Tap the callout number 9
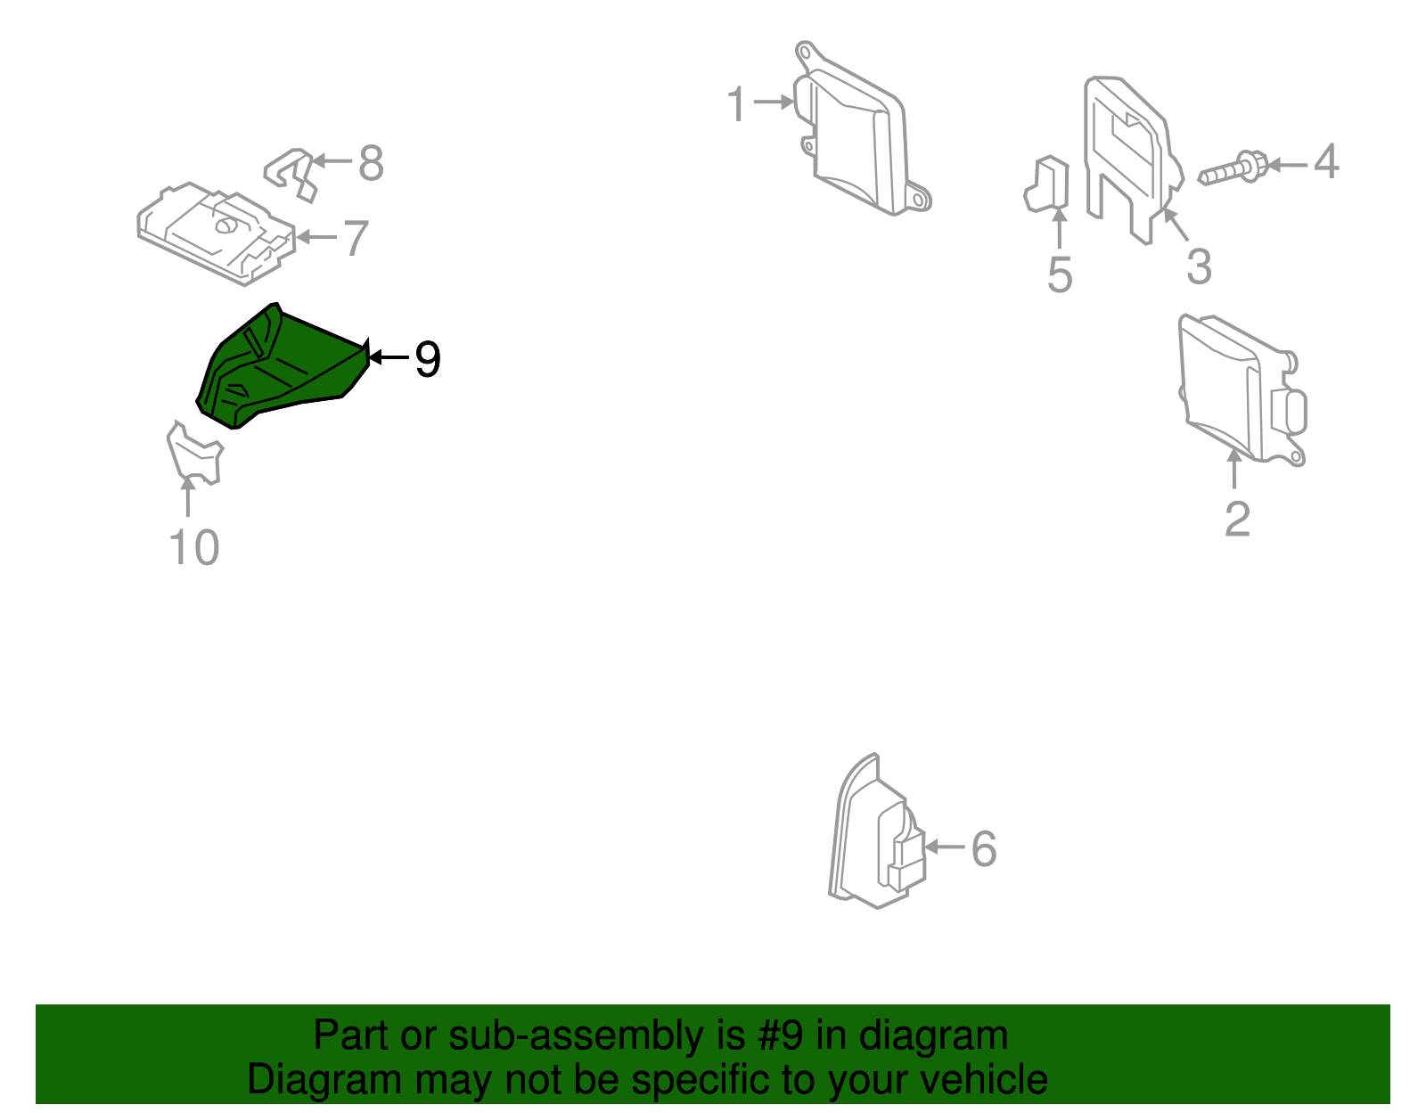click(428, 360)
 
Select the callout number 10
click(193, 547)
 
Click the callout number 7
click(356, 239)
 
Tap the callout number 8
click(372, 164)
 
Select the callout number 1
click(735, 105)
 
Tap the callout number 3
click(1199, 266)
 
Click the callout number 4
click(1326, 162)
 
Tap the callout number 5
click(1059, 275)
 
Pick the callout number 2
click(1237, 520)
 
